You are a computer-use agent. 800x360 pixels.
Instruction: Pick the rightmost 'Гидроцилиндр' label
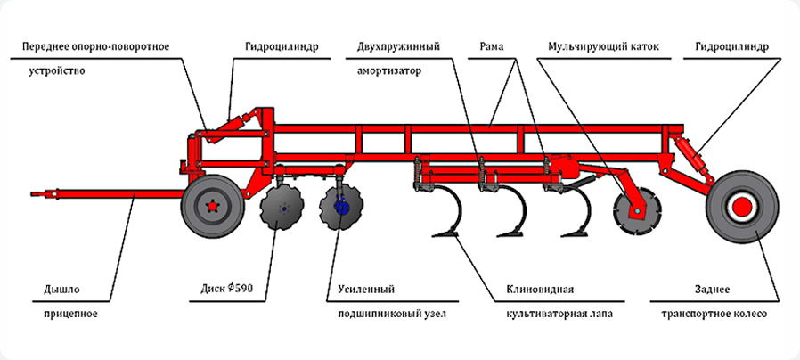click(x=730, y=45)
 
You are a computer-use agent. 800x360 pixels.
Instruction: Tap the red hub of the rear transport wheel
click(x=741, y=208)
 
